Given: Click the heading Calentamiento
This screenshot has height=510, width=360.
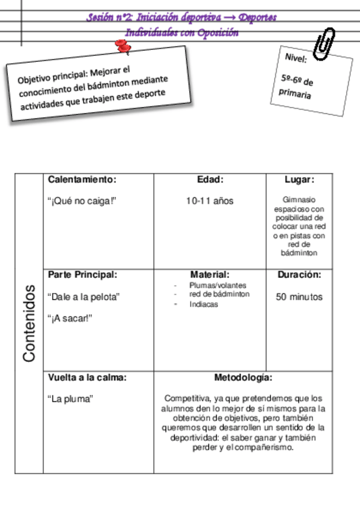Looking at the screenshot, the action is (x=81, y=179).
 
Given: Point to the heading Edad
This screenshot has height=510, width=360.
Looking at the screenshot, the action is (x=210, y=179).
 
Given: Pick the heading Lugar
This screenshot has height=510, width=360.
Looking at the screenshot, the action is (x=299, y=179).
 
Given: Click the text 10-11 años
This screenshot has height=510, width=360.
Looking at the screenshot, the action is (x=210, y=201).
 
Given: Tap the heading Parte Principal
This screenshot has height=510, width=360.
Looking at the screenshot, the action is (x=82, y=274).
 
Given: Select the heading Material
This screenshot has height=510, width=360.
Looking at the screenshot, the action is (x=210, y=274).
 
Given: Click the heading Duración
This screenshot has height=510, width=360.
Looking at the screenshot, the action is (x=299, y=274).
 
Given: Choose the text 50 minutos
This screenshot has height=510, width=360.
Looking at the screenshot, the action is (x=299, y=296).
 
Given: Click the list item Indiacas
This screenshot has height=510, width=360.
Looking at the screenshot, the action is (x=204, y=304).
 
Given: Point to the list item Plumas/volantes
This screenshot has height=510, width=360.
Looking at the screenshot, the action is (x=218, y=285).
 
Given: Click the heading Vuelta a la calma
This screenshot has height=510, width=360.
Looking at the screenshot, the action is (x=87, y=378).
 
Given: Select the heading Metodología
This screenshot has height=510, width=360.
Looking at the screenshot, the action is (x=243, y=378).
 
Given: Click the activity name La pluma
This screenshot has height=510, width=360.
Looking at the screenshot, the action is (x=70, y=399).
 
